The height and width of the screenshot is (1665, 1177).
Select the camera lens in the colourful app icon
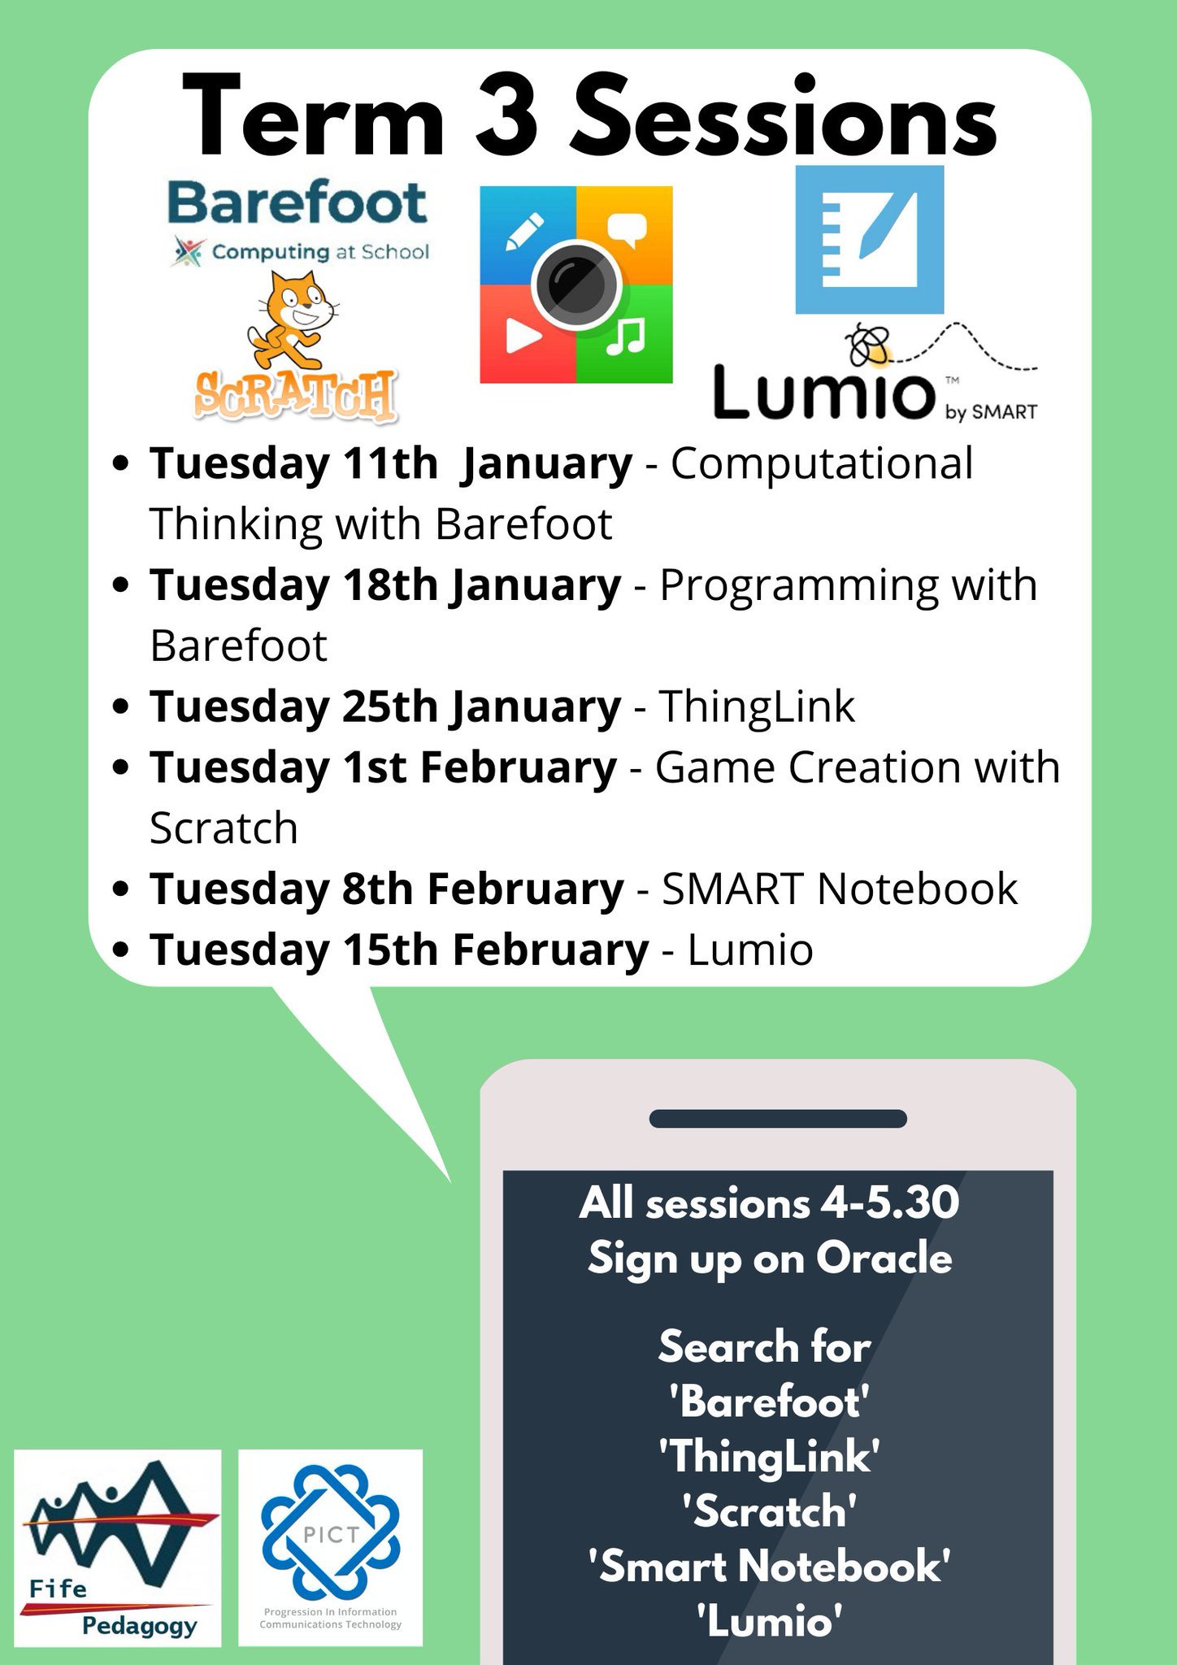[x=575, y=285]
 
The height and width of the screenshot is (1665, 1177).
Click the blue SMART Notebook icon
[x=869, y=240]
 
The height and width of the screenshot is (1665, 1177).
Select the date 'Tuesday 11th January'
[x=390, y=463]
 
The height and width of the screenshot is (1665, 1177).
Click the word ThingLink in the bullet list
[x=756, y=706]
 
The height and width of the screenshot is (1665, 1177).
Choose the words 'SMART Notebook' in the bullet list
[x=839, y=888]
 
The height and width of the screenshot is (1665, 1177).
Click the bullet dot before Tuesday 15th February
[x=122, y=950]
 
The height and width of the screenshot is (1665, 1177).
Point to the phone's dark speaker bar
[x=777, y=1119]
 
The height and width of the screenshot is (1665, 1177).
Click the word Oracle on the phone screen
[x=884, y=1259]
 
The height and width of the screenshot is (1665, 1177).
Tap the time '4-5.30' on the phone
[x=889, y=1202]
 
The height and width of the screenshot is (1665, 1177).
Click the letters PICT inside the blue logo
[x=330, y=1535]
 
